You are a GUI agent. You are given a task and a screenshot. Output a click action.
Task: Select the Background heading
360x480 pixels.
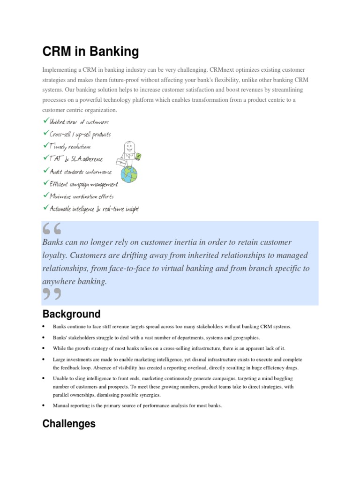[x=71, y=314]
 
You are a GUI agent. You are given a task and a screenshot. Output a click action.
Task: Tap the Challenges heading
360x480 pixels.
[x=69, y=424]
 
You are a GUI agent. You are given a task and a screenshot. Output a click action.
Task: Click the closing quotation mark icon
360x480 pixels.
[x=52, y=294]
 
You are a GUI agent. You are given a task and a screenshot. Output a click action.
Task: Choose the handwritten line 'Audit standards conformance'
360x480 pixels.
[x=81, y=172]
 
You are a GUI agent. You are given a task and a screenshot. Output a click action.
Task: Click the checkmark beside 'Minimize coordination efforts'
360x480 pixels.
[x=45, y=195]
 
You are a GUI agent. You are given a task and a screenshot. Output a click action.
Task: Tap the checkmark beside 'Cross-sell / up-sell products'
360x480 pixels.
[x=45, y=134]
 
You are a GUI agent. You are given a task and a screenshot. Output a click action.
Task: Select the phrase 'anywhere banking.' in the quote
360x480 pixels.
[x=75, y=282]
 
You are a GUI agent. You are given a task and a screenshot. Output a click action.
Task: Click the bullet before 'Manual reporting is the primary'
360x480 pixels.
[x=44, y=405]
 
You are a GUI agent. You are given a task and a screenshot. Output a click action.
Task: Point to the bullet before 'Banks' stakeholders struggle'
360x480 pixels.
[x=44, y=337]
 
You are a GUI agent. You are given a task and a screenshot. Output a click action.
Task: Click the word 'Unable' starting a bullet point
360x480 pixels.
[x=60, y=378]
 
